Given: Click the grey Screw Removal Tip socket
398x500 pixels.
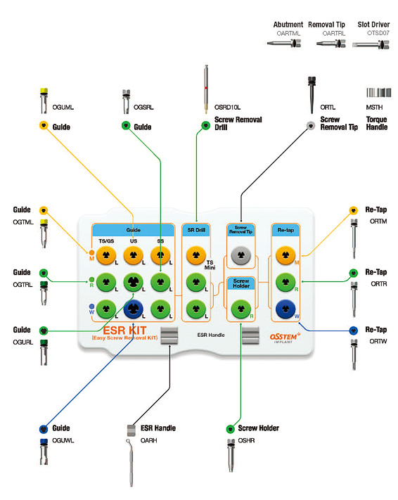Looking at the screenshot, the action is click(241, 255).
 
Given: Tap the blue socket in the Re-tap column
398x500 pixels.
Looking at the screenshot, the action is click(285, 309).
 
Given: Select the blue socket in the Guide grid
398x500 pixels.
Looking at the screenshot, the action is click(134, 309).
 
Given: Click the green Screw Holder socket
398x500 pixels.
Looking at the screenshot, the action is click(241, 309).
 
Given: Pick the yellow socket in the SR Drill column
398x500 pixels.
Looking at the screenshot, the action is click(195, 255).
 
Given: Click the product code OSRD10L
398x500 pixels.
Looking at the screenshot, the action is click(227, 107).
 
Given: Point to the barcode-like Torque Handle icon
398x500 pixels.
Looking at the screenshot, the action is click(378, 92).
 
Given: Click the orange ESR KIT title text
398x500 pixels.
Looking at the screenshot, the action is click(124, 330).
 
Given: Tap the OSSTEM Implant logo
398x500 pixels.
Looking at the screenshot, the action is click(285, 338).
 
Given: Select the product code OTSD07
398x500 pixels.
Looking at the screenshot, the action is click(378, 33).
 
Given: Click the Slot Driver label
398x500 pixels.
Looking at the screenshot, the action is click(373, 25).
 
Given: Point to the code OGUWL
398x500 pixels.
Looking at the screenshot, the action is click(63, 440).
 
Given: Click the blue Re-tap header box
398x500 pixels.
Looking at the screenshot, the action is click(285, 230).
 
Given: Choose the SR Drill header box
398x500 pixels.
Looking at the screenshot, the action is click(196, 230).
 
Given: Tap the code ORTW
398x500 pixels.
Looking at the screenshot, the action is click(378, 341).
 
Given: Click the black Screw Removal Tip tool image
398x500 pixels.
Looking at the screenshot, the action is click(312, 95).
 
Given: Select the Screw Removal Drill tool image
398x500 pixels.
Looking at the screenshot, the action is click(206, 89).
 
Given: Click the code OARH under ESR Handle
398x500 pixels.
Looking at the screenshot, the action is click(149, 440).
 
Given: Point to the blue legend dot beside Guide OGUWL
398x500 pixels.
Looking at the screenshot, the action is click(44, 429).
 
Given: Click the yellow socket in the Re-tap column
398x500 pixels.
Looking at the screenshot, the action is click(285, 255).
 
